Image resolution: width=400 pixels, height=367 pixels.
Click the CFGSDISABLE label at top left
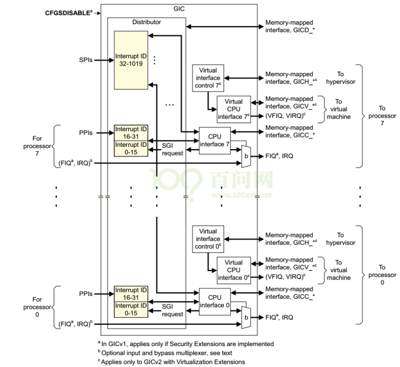coord(68,13)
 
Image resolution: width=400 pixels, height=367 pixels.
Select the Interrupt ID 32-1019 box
coord(131,60)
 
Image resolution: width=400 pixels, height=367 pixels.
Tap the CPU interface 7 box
coord(214,140)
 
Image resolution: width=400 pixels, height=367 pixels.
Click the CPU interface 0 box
coord(214,301)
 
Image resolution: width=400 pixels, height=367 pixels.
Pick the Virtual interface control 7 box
coord(207,78)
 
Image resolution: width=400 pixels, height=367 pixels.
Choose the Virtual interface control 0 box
coord(207,239)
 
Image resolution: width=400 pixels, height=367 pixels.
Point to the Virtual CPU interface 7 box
coord(233,109)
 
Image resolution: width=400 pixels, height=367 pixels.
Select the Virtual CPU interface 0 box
coord(233,270)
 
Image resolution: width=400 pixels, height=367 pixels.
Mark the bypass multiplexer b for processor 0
coord(245,317)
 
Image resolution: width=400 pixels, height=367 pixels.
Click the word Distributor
coord(147,22)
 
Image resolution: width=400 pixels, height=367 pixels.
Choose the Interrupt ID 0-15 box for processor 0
coord(131,309)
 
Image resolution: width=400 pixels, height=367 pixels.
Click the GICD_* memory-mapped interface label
coord(289,26)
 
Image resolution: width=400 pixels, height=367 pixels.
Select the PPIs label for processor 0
coord(86,294)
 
